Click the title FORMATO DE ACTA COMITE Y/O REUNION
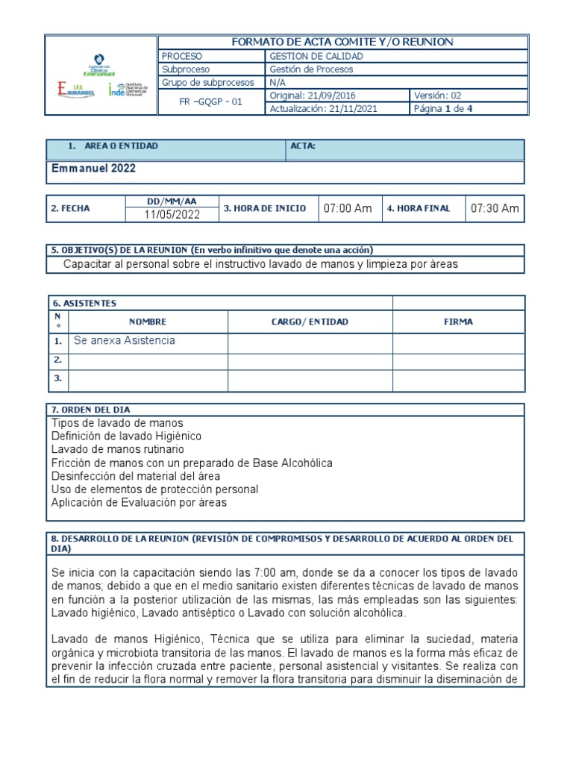342,43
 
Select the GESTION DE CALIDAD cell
316,56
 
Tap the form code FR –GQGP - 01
212,102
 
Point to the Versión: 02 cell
440,95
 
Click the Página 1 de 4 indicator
443,109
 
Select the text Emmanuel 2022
93,169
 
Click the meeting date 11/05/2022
172,215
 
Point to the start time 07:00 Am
347,208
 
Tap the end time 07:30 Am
494,208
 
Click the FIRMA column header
458,322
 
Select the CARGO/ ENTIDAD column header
310,322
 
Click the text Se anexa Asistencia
125,341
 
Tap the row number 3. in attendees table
57,379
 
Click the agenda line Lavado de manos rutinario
118,450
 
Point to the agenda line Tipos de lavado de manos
117,423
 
